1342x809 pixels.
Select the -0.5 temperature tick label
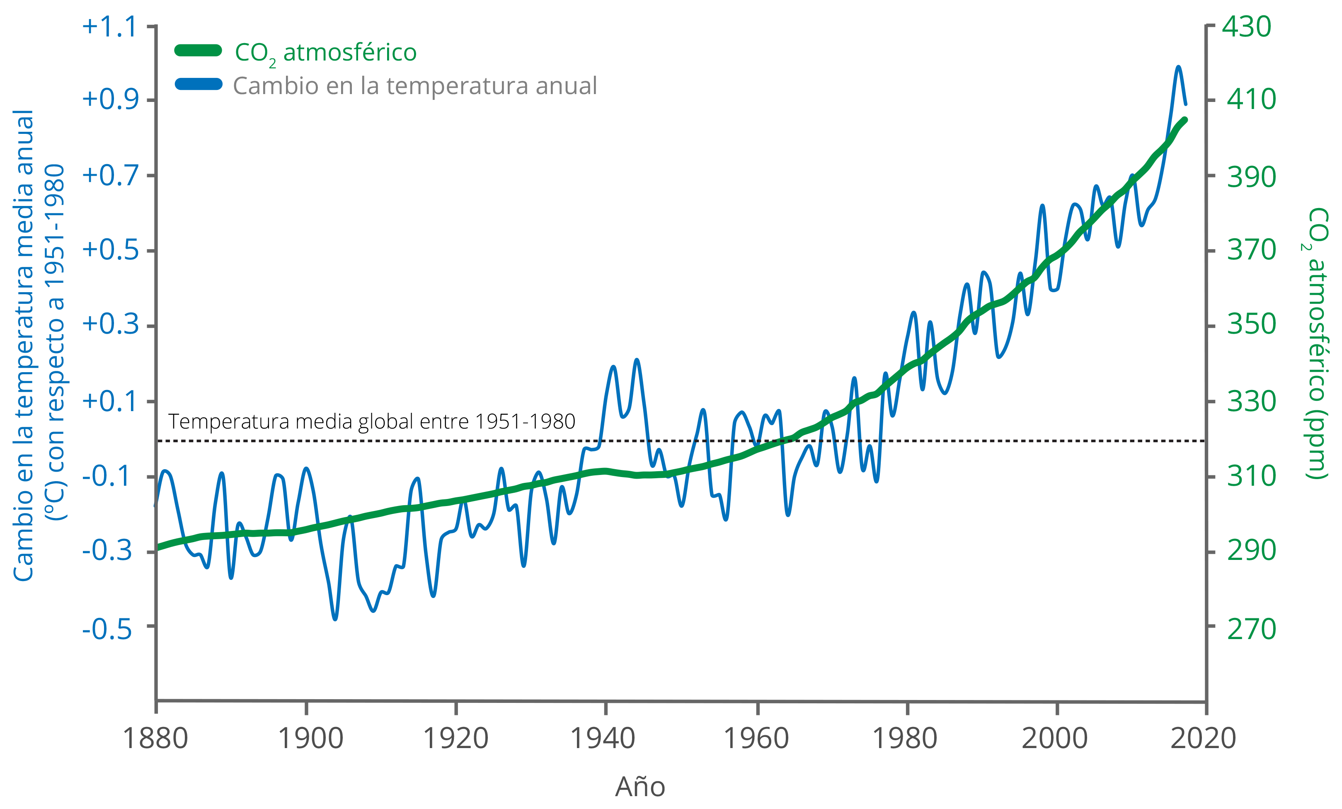(x=107, y=629)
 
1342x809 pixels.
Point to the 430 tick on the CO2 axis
(x=1246, y=26)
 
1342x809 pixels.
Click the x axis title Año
(x=640, y=787)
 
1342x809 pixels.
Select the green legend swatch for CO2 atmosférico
(x=198, y=51)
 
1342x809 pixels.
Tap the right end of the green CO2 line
(x=1186, y=119)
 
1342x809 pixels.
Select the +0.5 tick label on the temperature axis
(x=111, y=251)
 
